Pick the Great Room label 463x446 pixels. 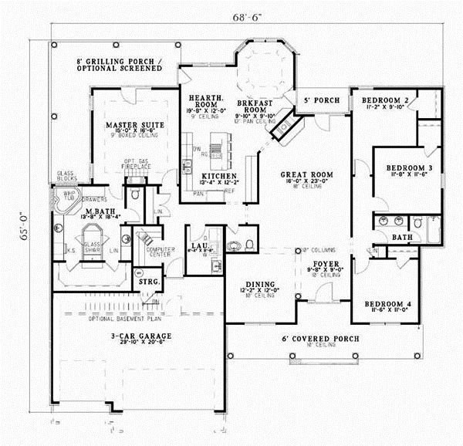pyautogui.click(x=306, y=175)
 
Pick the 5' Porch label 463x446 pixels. pyautogui.click(x=319, y=101)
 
